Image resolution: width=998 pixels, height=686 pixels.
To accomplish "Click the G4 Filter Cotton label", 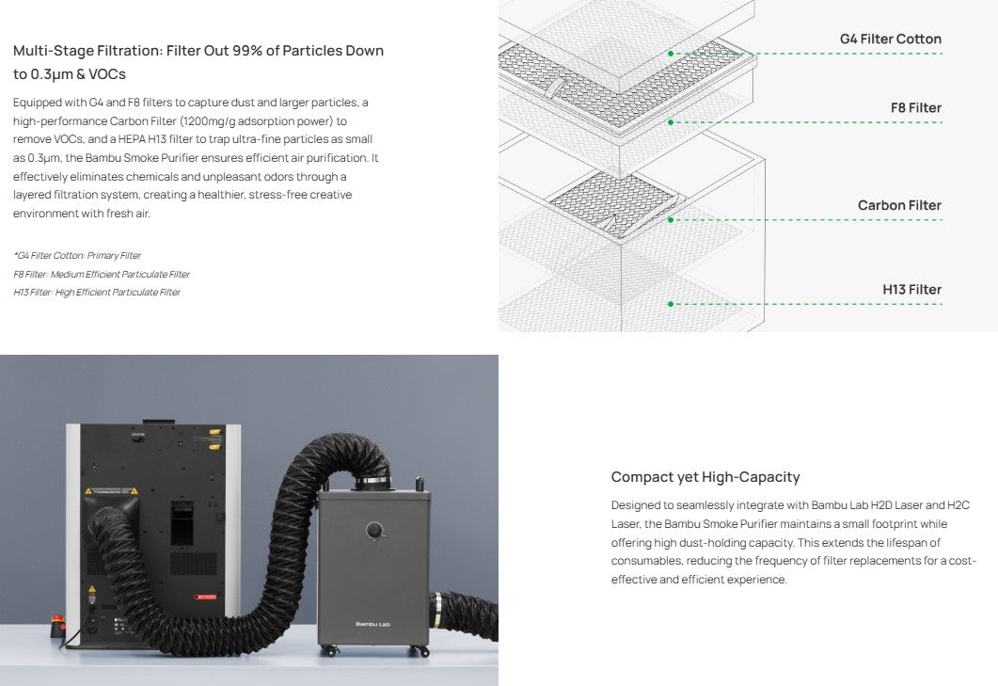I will tap(890, 40).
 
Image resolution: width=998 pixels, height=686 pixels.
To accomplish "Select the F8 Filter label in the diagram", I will tap(915, 108).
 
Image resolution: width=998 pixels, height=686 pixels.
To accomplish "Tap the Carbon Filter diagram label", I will tap(898, 205).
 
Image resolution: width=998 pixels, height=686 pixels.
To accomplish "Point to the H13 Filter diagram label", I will tap(911, 290).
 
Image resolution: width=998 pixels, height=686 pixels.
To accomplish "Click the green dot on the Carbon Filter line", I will tap(671, 220).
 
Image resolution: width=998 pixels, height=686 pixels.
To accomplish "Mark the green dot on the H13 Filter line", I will tap(671, 304).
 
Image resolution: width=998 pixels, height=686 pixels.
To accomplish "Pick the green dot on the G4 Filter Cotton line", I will tap(671, 54).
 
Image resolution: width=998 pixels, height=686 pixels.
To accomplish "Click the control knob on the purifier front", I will tap(374, 531).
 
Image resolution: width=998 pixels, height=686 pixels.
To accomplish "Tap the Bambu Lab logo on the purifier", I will tap(372, 624).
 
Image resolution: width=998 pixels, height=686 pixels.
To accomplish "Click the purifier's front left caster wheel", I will tap(329, 651).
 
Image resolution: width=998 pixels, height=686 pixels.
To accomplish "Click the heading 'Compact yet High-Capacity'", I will tap(705, 477).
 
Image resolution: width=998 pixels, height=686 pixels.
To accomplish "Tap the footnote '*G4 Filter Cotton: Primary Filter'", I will tap(77, 256).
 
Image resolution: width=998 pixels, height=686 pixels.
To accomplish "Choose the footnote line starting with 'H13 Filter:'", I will tap(97, 293).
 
